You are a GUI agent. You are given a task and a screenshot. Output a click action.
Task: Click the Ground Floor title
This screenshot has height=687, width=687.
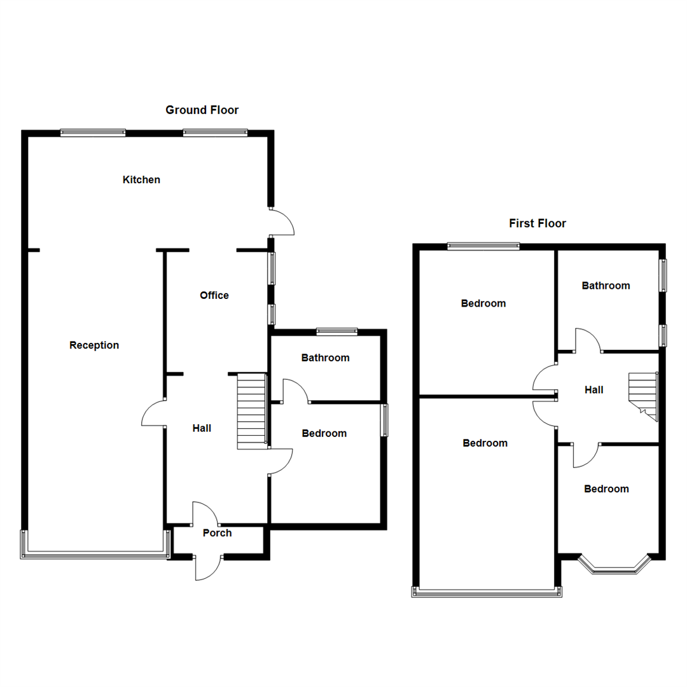pos(202,110)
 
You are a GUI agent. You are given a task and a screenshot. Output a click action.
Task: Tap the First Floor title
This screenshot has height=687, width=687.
pos(538,223)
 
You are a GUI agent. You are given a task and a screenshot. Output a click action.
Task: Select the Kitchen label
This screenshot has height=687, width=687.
pos(141,180)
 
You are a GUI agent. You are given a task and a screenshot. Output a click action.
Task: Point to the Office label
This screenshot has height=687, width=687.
pos(214,295)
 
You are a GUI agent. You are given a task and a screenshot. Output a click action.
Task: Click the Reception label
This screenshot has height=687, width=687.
pos(94,345)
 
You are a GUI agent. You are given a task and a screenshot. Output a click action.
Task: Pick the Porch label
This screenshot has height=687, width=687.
pos(218,533)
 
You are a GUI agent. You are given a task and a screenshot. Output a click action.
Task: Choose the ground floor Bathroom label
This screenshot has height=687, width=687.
pos(326,358)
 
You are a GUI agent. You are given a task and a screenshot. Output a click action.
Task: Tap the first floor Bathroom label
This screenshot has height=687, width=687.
pos(606,286)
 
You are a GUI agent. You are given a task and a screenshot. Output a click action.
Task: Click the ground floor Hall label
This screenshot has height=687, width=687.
pos(202,429)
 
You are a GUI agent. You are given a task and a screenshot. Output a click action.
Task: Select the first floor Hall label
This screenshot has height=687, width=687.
pos(594,390)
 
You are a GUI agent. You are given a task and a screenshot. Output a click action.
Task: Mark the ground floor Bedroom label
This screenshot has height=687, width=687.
pos(324,433)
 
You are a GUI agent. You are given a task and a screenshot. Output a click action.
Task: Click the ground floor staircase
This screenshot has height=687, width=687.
pos(251,411)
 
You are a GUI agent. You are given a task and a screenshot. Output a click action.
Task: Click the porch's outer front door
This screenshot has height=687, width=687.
pos(208,568)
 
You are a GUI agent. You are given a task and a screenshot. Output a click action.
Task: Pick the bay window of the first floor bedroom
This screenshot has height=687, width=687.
pos(614,566)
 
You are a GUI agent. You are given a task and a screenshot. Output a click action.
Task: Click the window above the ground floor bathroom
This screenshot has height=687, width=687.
pos(337,331)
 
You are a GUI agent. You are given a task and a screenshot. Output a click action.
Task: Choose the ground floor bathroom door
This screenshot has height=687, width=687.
pos(295,391)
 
